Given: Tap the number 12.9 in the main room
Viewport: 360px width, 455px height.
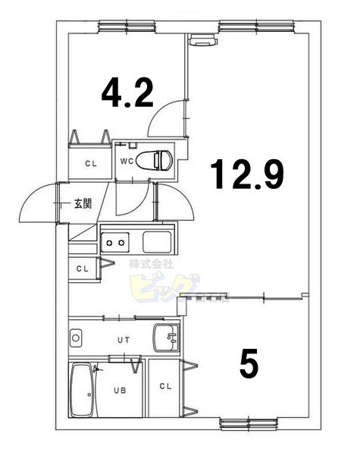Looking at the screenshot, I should pos(248,174).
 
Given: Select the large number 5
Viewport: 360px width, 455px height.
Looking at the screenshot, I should pos(249,364).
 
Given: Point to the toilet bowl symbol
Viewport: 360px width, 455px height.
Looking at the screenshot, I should pos(161,159).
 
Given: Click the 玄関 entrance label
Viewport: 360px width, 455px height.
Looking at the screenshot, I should pos(83,203).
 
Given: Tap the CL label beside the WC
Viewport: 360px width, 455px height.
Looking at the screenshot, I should pos(90,163).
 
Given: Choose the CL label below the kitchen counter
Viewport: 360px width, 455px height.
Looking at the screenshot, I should pos(82,268).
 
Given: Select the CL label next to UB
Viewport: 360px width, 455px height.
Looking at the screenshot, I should pos(166,386).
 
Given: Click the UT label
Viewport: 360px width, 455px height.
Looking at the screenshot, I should pos(124,339).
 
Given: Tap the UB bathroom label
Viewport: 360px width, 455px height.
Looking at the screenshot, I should pos(119,391).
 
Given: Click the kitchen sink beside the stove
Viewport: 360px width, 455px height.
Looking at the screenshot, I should pos(158,242).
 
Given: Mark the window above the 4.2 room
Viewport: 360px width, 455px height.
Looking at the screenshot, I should pos(122,27).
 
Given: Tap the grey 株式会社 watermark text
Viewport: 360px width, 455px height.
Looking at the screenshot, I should pos(152,265).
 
